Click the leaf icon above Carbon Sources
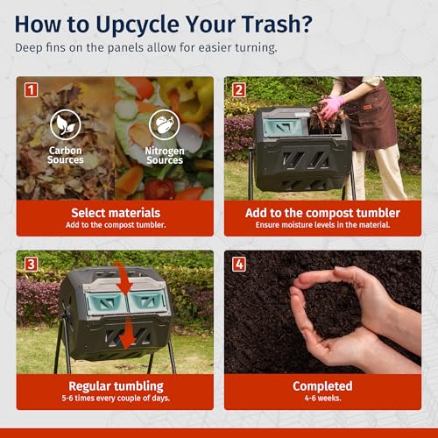[66, 125]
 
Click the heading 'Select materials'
[115, 213]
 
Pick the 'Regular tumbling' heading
[115, 386]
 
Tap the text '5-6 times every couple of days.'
[115, 399]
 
